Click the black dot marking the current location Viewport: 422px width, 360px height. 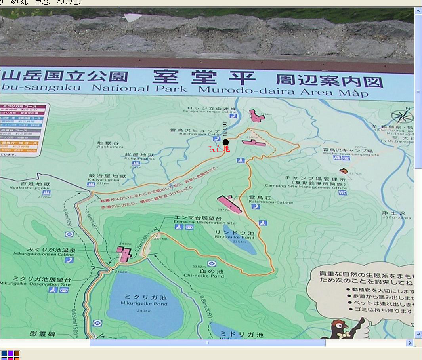[x=225, y=142]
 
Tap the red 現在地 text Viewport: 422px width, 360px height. [x=219, y=149]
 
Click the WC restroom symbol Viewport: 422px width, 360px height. [x=342, y=193]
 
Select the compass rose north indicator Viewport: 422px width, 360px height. [x=402, y=116]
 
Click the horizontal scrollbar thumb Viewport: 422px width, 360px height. [x=207, y=343]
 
